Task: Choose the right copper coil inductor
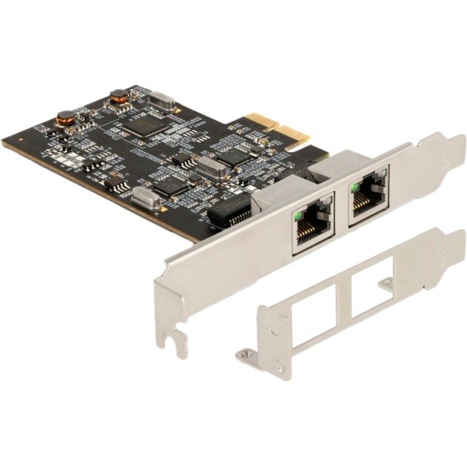tap(118, 96)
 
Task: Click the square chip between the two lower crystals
tap(171, 186)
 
